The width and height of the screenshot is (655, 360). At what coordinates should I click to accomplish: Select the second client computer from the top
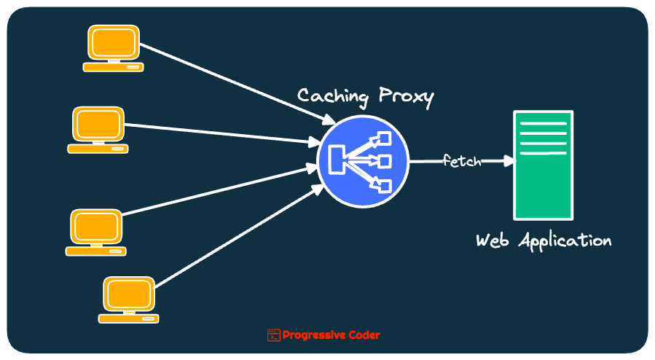98,125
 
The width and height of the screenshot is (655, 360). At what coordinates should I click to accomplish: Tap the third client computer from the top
96,228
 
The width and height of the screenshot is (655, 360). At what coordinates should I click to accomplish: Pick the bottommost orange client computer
129,295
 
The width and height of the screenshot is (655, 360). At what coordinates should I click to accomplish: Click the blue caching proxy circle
363,160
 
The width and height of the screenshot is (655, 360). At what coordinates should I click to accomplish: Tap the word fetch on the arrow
462,161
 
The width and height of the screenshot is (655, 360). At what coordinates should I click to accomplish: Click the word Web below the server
492,240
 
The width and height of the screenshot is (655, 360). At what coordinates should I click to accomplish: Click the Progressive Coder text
331,335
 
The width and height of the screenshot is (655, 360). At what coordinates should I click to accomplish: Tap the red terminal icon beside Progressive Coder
273,335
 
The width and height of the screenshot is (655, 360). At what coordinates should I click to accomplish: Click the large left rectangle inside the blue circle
337,160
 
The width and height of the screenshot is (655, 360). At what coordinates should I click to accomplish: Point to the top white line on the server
543,124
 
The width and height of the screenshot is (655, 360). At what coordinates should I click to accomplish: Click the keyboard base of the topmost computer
113,67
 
